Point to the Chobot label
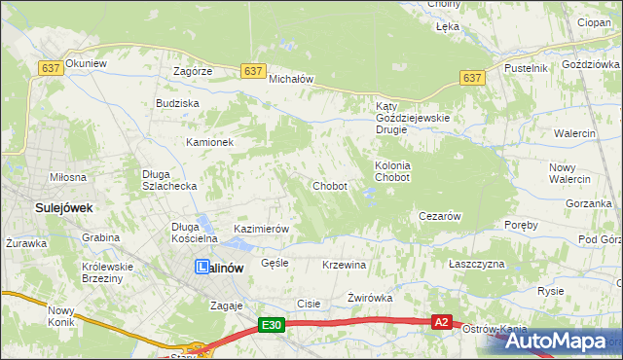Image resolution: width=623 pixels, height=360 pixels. [x=329, y=186]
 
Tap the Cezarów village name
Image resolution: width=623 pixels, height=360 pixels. [x=438, y=216]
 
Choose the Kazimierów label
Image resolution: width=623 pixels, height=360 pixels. [x=262, y=229]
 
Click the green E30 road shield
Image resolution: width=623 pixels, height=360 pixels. [x=272, y=326]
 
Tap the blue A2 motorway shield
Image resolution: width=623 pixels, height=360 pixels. [x=442, y=322]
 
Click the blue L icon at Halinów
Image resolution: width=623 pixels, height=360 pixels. [x=202, y=267]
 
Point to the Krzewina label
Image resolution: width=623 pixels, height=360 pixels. [x=343, y=265]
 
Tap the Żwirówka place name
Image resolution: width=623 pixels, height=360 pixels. [x=369, y=298]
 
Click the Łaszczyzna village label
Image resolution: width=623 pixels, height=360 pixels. [x=476, y=265]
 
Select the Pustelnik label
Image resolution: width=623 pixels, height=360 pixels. [x=527, y=68]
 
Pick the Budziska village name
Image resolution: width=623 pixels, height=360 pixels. [x=177, y=102]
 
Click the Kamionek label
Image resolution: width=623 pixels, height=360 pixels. [x=210, y=142]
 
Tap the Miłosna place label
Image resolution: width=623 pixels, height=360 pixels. [x=68, y=177]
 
